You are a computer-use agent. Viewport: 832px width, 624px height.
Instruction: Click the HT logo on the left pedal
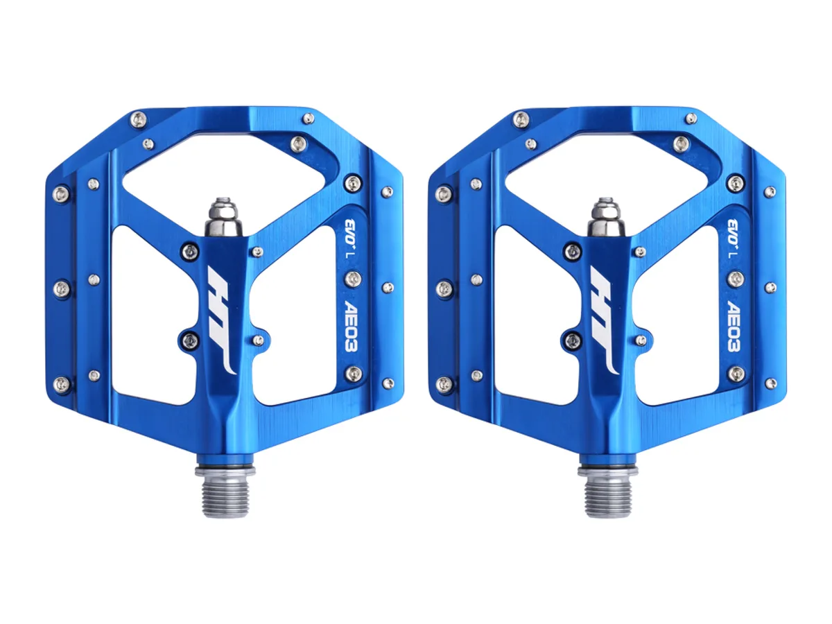222,320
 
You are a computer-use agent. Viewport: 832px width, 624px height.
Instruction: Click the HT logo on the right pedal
604,320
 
